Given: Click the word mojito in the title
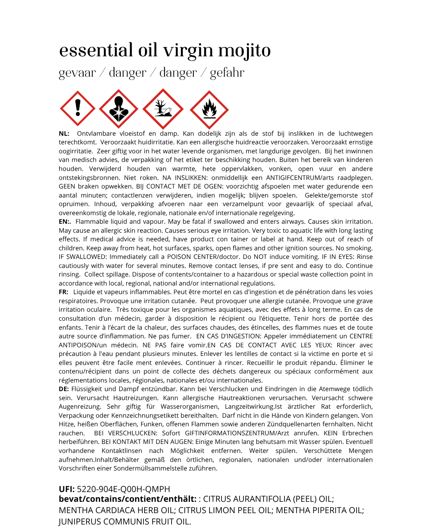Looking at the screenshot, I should (244, 51).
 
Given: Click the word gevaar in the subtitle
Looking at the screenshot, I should (77, 73).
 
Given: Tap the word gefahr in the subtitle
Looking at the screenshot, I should (227, 73).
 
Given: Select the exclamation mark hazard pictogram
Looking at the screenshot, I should (78, 108).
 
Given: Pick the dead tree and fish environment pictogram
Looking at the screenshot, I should (163, 109).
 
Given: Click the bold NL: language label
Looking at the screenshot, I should (64, 134).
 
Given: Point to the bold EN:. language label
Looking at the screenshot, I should (65, 222).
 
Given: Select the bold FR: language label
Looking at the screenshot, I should (64, 292).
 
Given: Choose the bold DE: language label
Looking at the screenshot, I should (64, 389).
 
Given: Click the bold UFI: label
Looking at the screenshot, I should (67, 489).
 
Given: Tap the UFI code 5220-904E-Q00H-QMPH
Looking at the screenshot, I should (123, 489).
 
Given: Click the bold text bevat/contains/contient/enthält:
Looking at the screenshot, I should (127, 499).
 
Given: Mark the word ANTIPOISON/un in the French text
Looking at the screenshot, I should (83, 345).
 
